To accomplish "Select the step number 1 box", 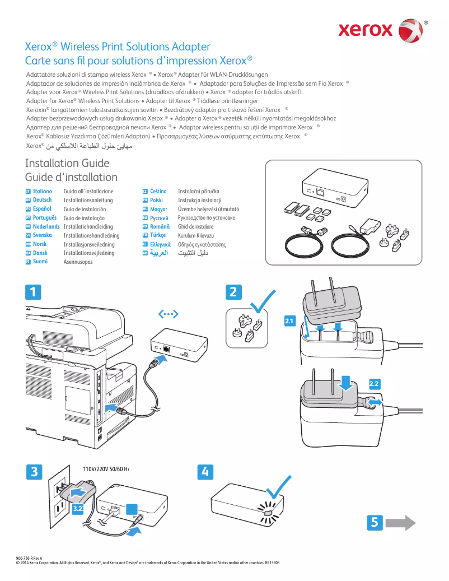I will [x=33, y=292].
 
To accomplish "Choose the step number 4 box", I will [x=206, y=472].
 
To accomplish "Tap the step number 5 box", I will [x=375, y=522].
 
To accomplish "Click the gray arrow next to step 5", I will [x=401, y=522].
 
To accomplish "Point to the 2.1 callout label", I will [x=289, y=321].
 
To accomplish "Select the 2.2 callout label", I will [x=375, y=383].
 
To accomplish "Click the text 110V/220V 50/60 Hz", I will [x=106, y=468].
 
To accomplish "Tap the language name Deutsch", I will [x=42, y=200].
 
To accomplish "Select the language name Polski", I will [x=156, y=200].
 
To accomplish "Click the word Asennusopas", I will [x=78, y=262].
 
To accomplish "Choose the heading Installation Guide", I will [x=67, y=164].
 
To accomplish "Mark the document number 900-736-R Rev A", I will [x=30, y=559].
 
